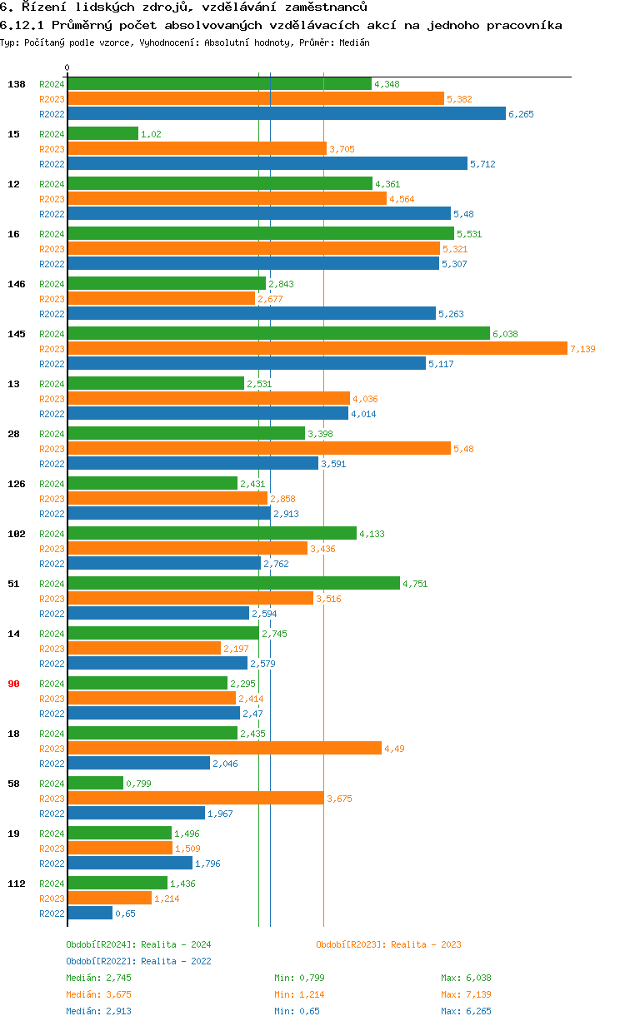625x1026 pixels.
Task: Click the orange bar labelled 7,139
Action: pos(317,349)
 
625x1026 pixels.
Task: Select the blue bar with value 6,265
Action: pos(286,114)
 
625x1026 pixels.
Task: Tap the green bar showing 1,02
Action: pos(102,134)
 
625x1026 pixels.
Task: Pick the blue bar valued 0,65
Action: pos(90,914)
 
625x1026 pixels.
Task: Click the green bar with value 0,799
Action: pos(95,784)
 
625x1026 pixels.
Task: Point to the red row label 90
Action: pos(13,684)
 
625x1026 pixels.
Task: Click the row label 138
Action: pos(16,84)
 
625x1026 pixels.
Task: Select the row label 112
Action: pos(16,884)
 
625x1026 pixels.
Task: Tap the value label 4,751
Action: pos(415,584)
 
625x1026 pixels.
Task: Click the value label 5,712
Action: pos(482,164)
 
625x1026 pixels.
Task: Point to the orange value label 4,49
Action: pos(394,749)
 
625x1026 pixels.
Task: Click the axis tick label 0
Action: pos(67,67)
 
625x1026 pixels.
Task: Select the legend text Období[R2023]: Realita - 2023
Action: pos(388,944)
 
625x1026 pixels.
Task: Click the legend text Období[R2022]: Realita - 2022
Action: pos(138,961)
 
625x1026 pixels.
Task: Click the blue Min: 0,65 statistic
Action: pos(297,1011)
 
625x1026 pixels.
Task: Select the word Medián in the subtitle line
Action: pos(355,42)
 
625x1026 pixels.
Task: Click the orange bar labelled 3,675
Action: pos(195,799)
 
